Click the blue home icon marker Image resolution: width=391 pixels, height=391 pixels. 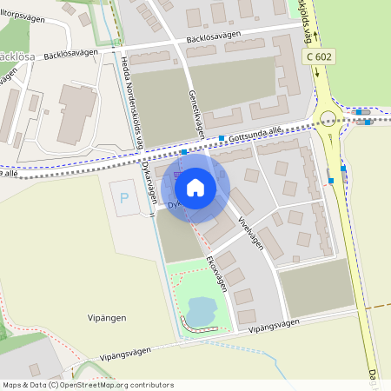[x=195, y=187]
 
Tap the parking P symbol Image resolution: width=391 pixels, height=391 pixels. [x=123, y=198]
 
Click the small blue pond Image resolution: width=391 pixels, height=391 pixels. [x=200, y=309]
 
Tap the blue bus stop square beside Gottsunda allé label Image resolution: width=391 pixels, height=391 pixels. [x=222, y=138]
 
